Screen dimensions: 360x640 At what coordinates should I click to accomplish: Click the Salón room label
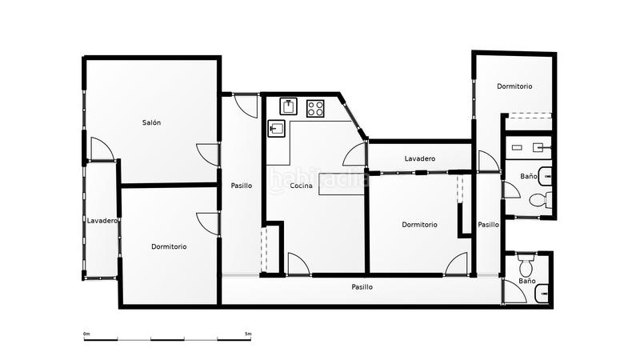pos(152,122)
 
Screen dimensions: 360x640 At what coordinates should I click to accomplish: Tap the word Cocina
pos(302,186)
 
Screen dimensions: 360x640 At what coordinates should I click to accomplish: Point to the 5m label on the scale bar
pos(248,333)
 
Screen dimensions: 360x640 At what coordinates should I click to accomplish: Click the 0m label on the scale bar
pos(86,333)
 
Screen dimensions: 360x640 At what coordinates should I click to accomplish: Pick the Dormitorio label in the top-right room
pos(514,86)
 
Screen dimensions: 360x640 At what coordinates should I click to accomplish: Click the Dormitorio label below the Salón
pos(169,246)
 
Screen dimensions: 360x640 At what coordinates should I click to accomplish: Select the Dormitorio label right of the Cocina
pos(419,225)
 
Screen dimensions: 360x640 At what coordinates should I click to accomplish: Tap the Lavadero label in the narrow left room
pos(102,221)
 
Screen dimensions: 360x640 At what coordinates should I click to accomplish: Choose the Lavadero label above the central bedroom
pos(419,158)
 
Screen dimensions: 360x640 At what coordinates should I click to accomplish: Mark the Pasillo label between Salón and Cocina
pos(241,186)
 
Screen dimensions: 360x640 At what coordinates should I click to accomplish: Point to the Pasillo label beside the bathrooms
pos(488,225)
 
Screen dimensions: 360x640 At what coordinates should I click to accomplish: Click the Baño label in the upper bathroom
pos(528,175)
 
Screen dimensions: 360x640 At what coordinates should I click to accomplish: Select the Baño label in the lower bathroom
pos(526,281)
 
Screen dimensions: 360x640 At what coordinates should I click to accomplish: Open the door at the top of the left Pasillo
pos(244,104)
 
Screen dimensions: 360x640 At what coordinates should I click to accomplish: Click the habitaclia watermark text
pos(320,179)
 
